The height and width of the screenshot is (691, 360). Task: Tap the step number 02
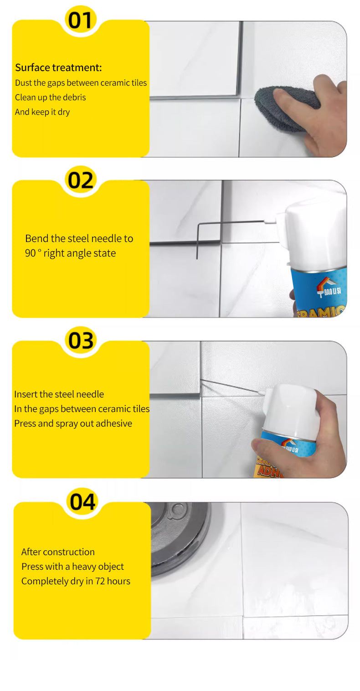(x=80, y=180)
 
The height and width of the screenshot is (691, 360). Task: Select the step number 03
(x=81, y=341)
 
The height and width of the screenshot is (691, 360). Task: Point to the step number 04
(x=82, y=502)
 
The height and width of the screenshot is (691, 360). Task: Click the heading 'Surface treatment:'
(x=58, y=67)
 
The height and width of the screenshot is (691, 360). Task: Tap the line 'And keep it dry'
(x=42, y=112)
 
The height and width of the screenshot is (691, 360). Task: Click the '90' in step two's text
(x=30, y=253)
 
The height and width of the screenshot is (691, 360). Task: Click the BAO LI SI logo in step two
(x=329, y=288)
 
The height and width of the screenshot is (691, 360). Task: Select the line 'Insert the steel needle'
(x=59, y=394)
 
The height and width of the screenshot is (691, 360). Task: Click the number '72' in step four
(x=100, y=581)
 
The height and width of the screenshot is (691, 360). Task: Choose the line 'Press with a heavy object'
(x=72, y=567)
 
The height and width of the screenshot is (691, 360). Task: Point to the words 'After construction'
(x=58, y=552)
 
